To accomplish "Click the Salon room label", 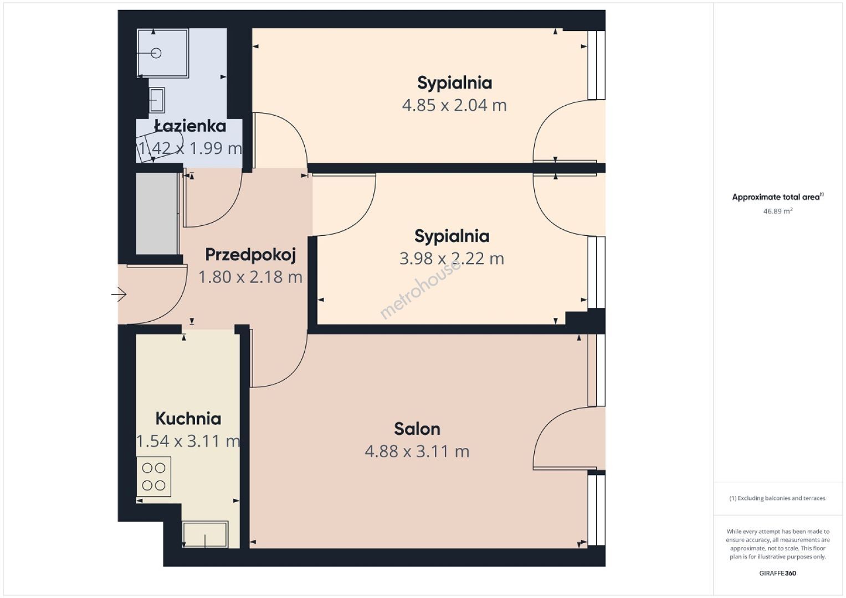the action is tap(417, 429).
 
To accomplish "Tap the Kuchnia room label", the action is tap(188, 419).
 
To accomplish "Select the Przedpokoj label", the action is tap(250, 255).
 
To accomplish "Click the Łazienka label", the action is tap(191, 126).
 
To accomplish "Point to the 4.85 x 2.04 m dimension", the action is tap(454, 105).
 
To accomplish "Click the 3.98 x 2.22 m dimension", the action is tap(452, 259).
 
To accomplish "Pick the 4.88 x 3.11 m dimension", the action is tap(417, 451).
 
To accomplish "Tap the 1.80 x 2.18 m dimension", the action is tap(250, 277).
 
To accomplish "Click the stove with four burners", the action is tap(153, 477).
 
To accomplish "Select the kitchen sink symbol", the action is tap(205, 534).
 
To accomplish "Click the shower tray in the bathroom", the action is tap(163, 53).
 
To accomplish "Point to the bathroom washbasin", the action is tap(157, 100).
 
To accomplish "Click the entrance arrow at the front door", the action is tap(119, 294).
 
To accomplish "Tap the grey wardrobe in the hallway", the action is tap(157, 214).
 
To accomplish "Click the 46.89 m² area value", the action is tap(778, 211).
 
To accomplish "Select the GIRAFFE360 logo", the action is tap(778, 573).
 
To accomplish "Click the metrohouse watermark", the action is tap(420, 289).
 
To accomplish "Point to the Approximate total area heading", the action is tap(778, 197).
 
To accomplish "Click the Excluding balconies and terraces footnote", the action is tap(777, 498).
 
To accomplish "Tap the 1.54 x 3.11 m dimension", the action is tap(188, 441).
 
